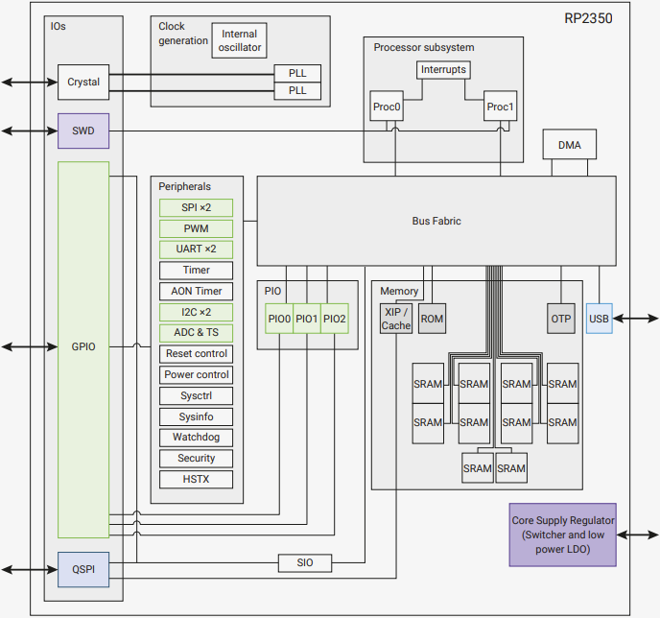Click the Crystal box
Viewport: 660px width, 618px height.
click(x=83, y=82)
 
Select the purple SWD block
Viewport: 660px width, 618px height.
click(x=83, y=131)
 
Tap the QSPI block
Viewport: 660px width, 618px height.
click(x=83, y=569)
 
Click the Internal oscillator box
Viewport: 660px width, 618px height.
click(x=239, y=40)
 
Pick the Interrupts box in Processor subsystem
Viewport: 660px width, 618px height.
click(x=442, y=70)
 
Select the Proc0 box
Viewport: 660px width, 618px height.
click(x=386, y=107)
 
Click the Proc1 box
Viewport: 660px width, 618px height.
click(x=500, y=107)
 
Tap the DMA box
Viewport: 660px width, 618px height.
click(x=569, y=145)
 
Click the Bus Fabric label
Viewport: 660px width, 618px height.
click(x=436, y=221)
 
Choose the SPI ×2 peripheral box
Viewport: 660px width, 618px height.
click(x=196, y=207)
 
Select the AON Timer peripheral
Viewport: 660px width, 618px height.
click(x=196, y=291)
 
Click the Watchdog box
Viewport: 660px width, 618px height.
click(x=196, y=438)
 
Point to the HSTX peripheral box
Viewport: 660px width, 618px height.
click(x=196, y=479)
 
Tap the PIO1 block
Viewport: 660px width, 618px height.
click(x=307, y=319)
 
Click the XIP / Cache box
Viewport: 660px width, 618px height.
click(x=396, y=319)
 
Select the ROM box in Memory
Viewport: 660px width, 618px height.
click(x=433, y=319)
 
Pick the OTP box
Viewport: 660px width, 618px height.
click(x=561, y=319)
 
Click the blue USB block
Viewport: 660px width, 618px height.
click(x=599, y=319)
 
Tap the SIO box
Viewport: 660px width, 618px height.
click(x=305, y=562)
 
